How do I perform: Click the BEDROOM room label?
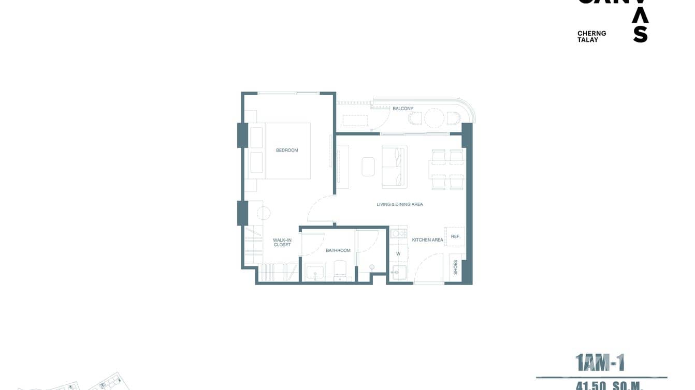pyautogui.click(x=287, y=150)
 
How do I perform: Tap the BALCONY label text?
pyautogui.click(x=402, y=109)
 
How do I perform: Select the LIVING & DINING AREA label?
pyautogui.click(x=399, y=204)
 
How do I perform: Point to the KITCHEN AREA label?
pyautogui.click(x=427, y=240)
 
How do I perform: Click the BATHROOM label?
pyautogui.click(x=338, y=250)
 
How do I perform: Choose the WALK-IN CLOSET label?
pyautogui.click(x=282, y=242)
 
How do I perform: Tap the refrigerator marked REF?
pyautogui.click(x=455, y=236)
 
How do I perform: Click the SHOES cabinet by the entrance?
pyautogui.click(x=455, y=267)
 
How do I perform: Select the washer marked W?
pyautogui.click(x=398, y=254)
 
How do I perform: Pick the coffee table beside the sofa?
pyautogui.click(x=368, y=167)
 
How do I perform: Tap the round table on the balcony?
pyautogui.click(x=434, y=118)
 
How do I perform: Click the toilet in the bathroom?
pyautogui.click(x=340, y=269)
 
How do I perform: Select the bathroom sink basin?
pyautogui.click(x=315, y=272)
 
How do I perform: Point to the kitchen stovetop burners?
pyautogui.click(x=398, y=234)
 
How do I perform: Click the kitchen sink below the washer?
pyautogui.click(x=399, y=272)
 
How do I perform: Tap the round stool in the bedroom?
pyautogui.click(x=263, y=213)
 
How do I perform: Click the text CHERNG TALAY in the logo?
pyautogui.click(x=591, y=36)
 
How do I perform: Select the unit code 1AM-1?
pyautogui.click(x=600, y=363)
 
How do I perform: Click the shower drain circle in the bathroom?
pyautogui.click(x=372, y=267)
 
